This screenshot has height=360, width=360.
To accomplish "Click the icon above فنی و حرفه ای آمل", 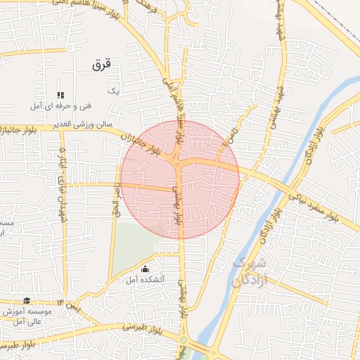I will click(61, 94).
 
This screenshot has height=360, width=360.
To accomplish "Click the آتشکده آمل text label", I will click(146, 279).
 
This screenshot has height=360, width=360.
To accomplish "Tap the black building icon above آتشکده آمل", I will click(146, 268).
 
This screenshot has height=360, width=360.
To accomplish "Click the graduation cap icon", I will click(27, 301).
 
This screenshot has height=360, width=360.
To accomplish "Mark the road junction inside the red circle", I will click(178, 165).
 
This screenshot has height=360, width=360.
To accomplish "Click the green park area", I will click(134, 246).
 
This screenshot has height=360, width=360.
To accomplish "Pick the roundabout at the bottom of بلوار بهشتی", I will click(184, 340).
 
